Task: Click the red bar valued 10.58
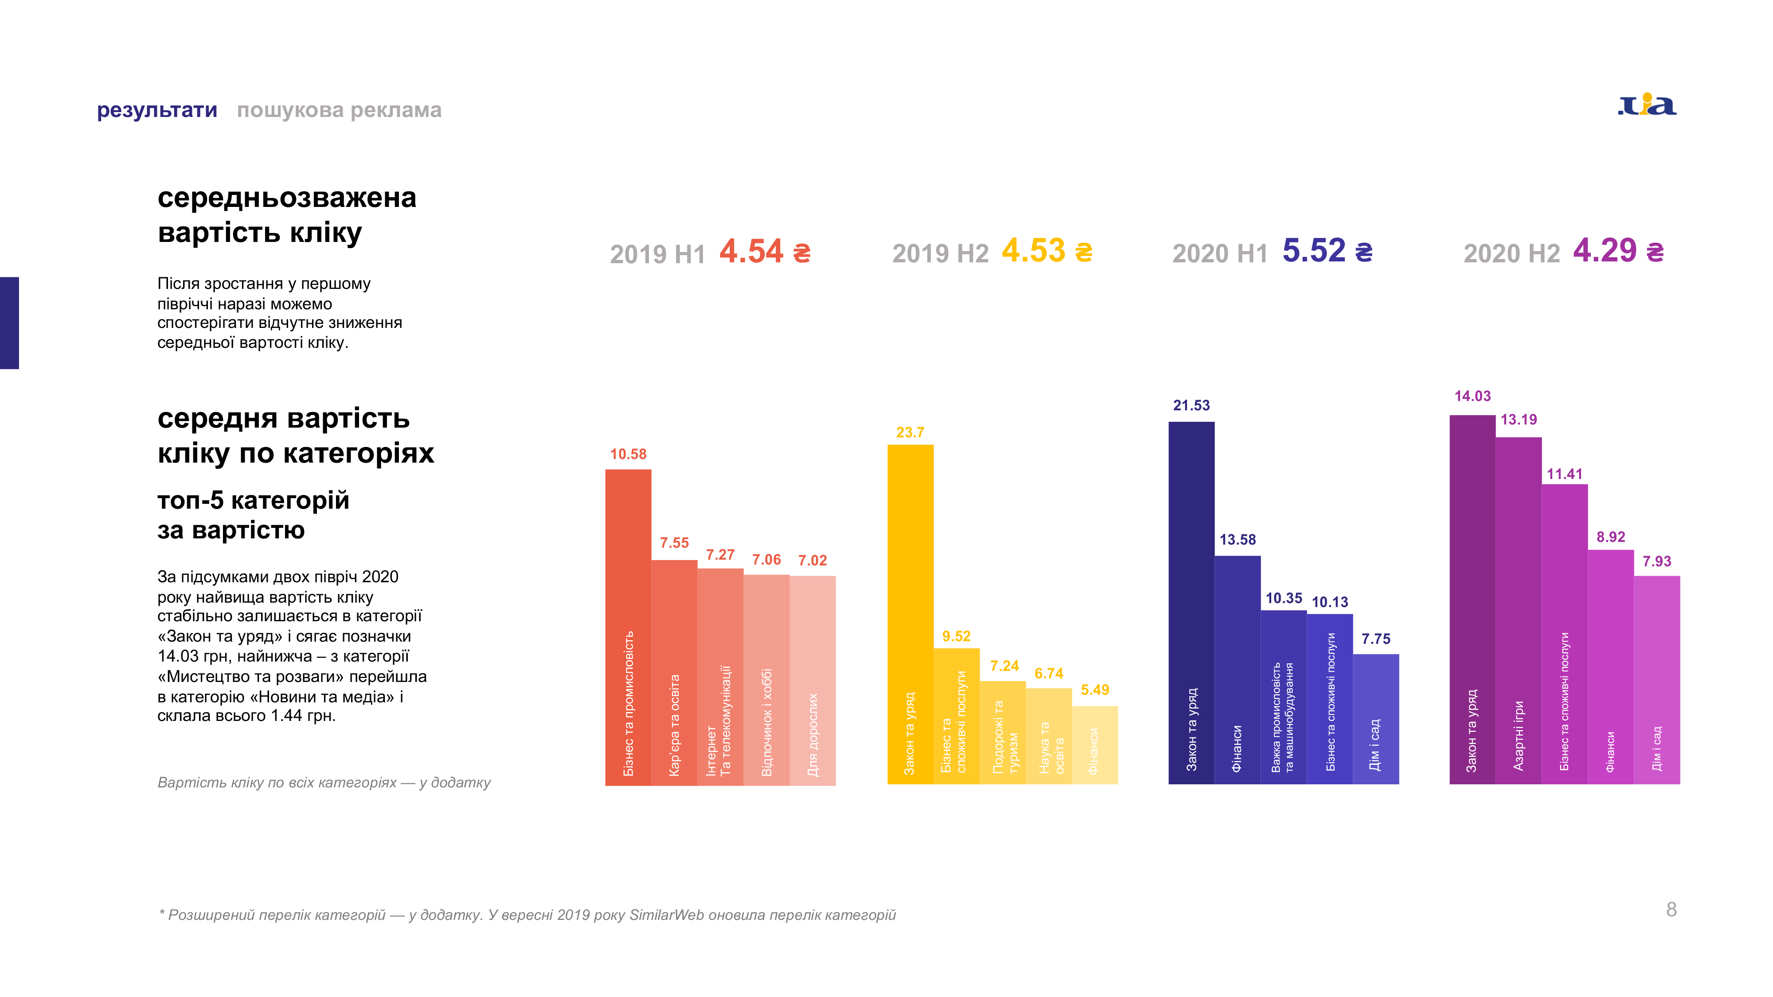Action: pos(628,626)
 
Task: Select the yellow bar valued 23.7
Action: pos(910,612)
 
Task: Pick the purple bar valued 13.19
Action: pos(1518,609)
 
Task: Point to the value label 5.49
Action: pos(1094,690)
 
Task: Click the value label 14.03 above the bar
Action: pos(1472,396)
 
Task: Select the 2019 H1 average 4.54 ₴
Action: pos(765,252)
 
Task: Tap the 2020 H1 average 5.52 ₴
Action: pos(1327,251)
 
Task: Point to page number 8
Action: pos(1671,910)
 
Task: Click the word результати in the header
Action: pos(157,110)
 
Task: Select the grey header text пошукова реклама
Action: pos(340,110)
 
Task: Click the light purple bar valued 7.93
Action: pos(1657,679)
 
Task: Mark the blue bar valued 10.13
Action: pos(1330,698)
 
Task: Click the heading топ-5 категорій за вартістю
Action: pos(253,514)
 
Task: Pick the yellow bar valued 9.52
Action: pos(956,716)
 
